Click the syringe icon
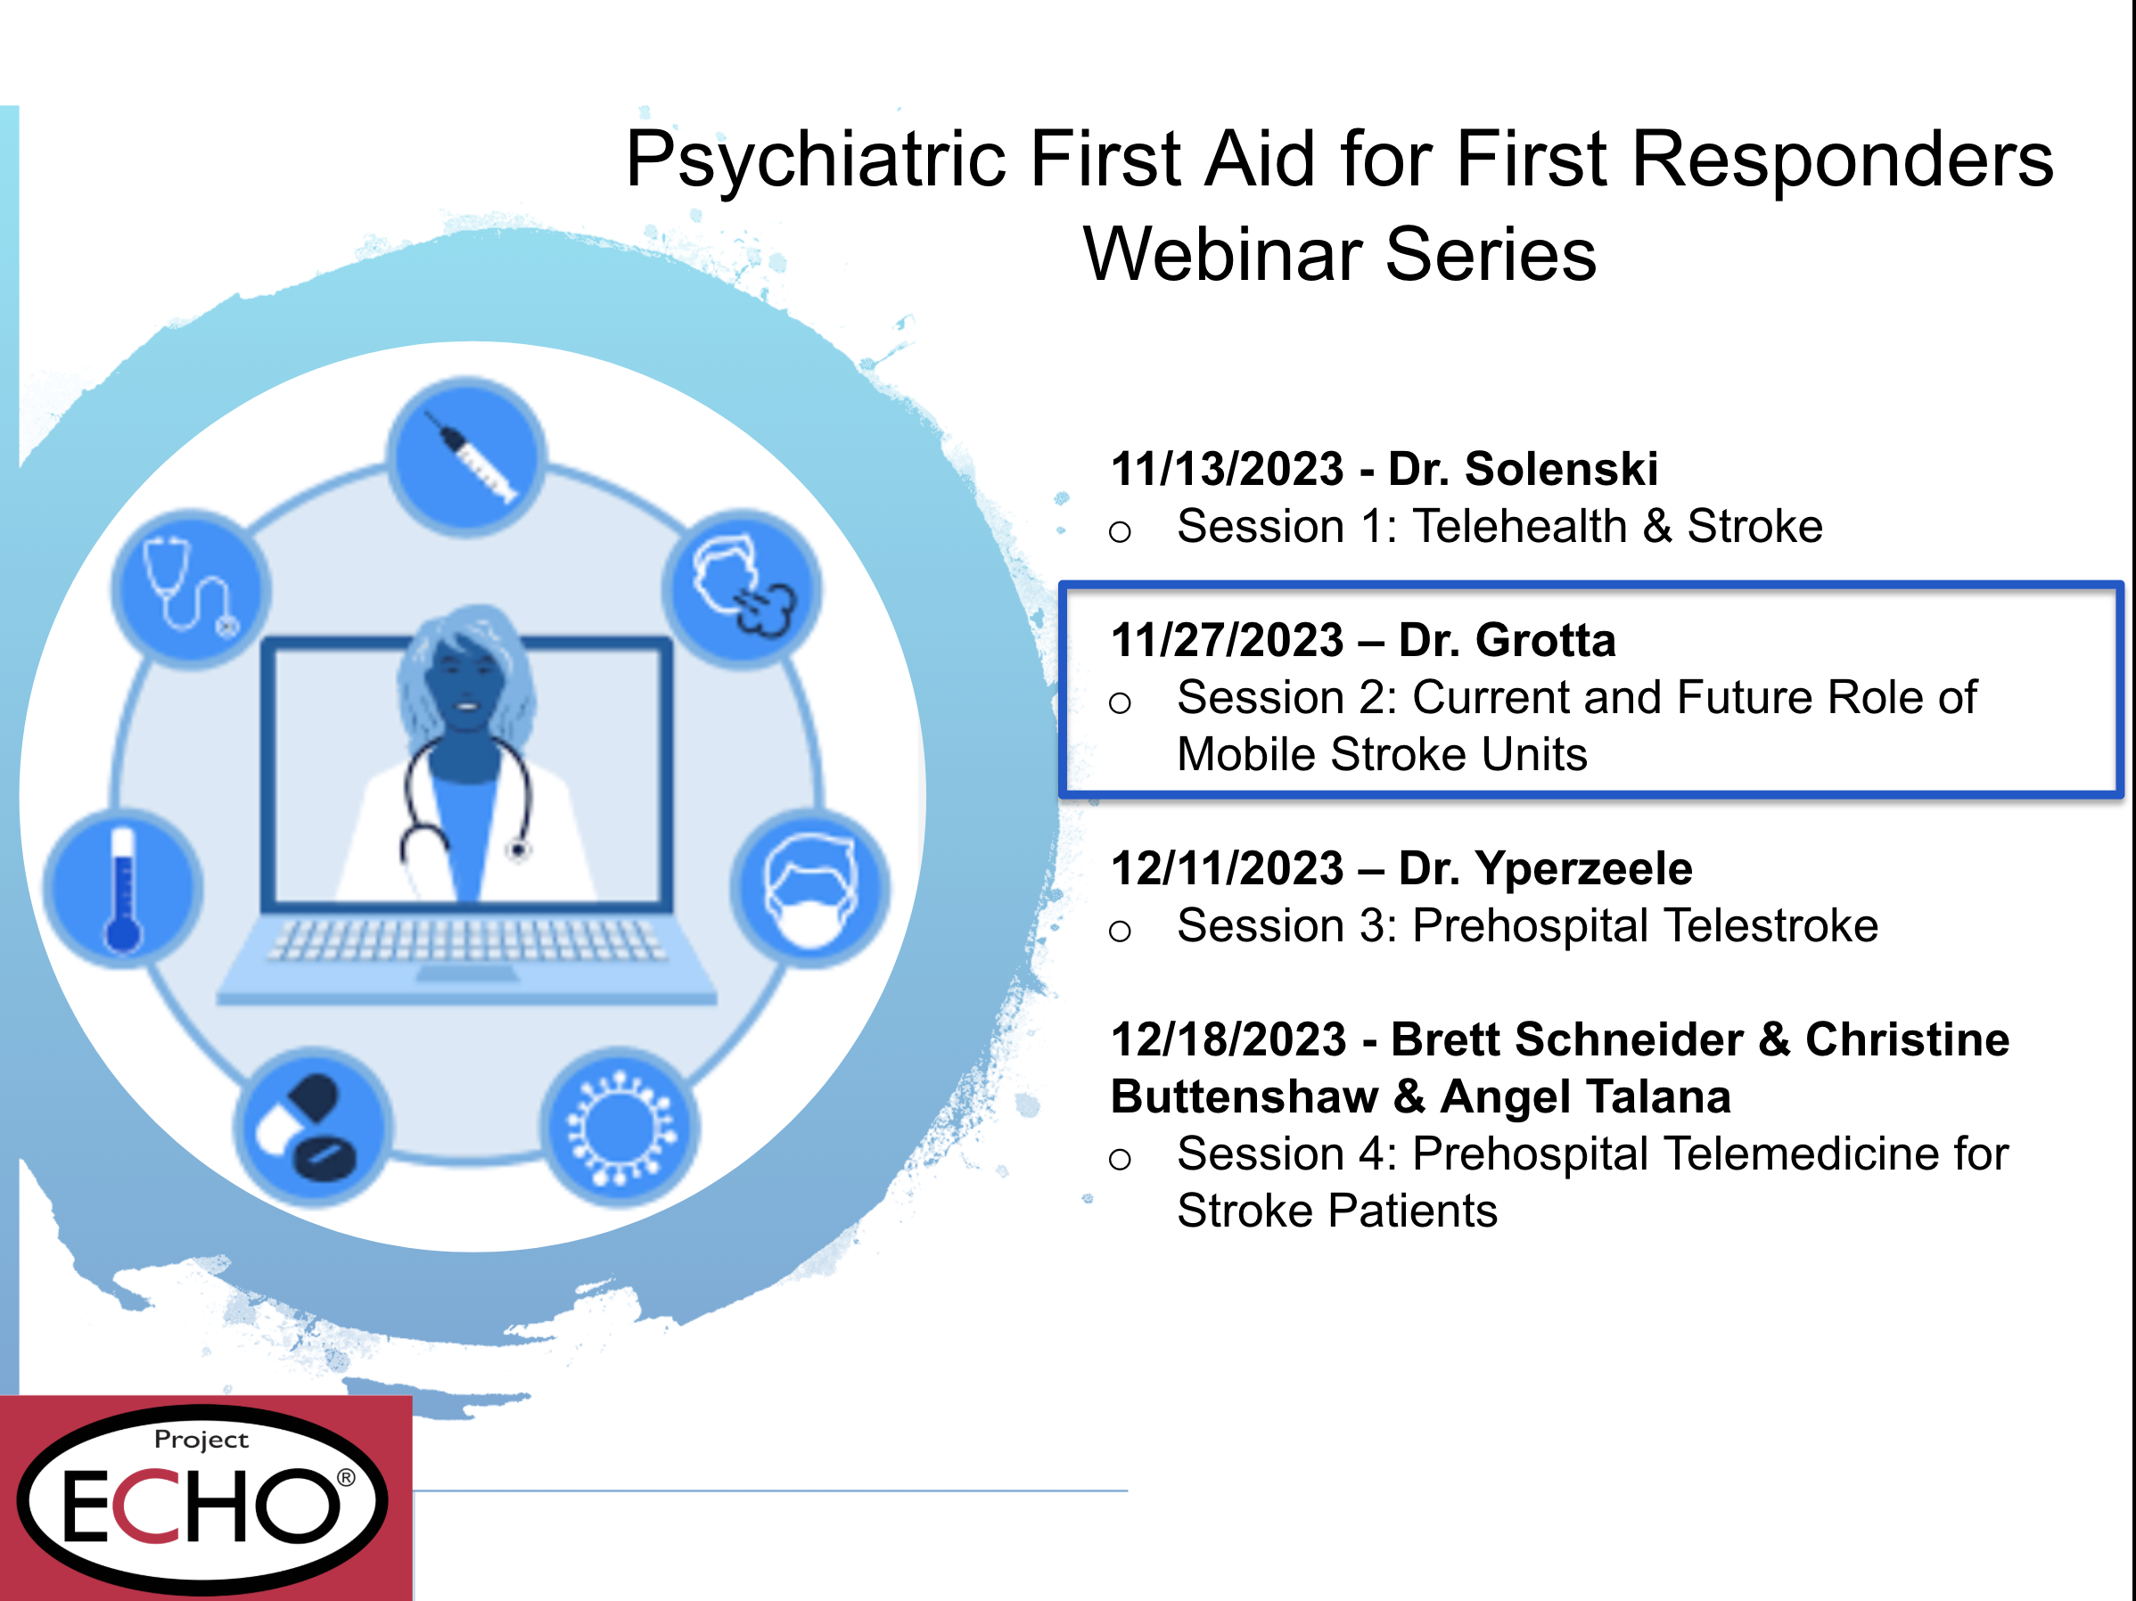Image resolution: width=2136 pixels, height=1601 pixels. (466, 456)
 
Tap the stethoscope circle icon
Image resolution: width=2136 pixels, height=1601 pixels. (190, 589)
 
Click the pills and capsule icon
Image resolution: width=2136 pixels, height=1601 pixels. (312, 1127)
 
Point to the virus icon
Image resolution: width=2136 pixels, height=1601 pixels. (620, 1127)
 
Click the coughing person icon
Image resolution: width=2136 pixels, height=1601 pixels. (742, 589)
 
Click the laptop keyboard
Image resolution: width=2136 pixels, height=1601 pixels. (466, 939)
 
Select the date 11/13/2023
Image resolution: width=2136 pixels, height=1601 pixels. (1228, 469)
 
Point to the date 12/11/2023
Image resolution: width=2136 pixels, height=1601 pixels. (1228, 869)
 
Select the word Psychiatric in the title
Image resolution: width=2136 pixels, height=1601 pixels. (817, 160)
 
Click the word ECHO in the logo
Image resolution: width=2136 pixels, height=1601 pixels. (200, 1507)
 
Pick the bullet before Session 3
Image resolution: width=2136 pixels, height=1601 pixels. (1120, 931)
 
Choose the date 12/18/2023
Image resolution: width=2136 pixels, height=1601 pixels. (1228, 1040)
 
